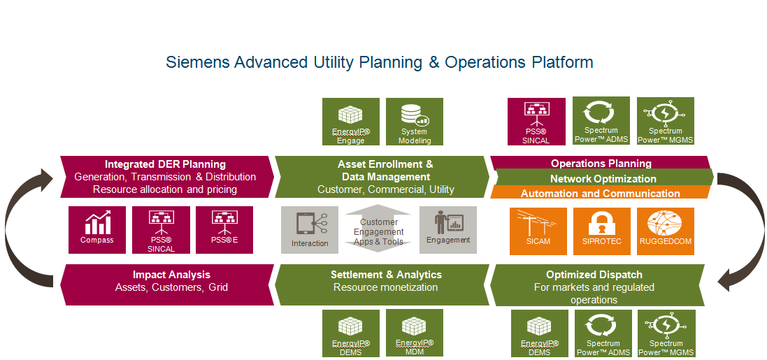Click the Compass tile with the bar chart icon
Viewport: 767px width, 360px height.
(x=97, y=230)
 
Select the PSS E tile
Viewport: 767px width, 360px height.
(x=224, y=230)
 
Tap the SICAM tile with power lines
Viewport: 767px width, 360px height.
(x=538, y=231)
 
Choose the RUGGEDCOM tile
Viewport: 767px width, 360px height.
(x=665, y=231)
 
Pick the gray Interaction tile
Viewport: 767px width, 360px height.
(x=310, y=230)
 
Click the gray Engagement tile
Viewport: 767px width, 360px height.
(x=448, y=230)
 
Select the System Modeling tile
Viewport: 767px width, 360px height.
(x=415, y=122)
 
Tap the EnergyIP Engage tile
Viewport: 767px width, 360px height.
(x=351, y=122)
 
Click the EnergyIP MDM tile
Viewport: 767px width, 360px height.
(x=415, y=333)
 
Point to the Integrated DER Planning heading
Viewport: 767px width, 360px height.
(x=165, y=164)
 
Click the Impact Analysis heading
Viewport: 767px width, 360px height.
(x=171, y=275)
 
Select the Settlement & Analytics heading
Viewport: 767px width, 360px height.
(x=386, y=275)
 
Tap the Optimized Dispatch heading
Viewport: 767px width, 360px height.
(x=594, y=275)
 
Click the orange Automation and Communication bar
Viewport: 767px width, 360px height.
(x=600, y=192)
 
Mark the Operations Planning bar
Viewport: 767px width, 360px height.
(x=601, y=164)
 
